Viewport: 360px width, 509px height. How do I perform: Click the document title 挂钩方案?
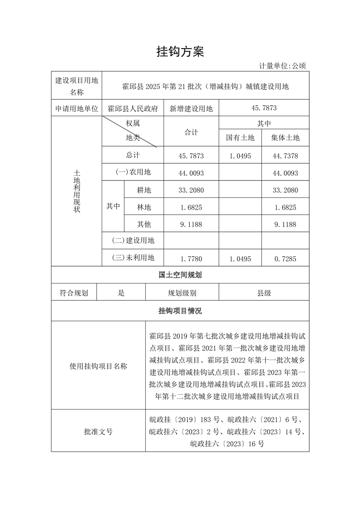click(x=180, y=52)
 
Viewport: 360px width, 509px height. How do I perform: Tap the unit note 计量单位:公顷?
click(x=282, y=66)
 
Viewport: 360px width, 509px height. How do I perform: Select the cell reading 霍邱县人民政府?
click(x=133, y=108)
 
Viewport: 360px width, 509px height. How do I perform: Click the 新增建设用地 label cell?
click(x=191, y=108)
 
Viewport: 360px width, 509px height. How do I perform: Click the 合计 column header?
click(x=191, y=132)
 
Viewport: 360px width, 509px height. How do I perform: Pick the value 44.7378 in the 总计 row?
click(x=285, y=156)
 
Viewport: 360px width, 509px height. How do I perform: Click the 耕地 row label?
click(x=144, y=191)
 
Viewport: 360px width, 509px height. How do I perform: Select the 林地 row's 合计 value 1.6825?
click(x=191, y=207)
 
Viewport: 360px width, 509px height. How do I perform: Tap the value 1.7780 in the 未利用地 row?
click(x=191, y=259)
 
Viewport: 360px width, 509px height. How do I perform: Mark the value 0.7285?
click(x=285, y=259)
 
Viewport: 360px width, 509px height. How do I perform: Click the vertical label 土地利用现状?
click(x=77, y=191)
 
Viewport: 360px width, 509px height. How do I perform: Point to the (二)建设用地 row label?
click(x=133, y=240)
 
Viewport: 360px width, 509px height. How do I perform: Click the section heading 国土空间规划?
click(x=180, y=275)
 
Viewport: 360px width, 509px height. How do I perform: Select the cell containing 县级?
click(x=264, y=293)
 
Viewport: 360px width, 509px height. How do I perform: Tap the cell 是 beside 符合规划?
click(x=121, y=293)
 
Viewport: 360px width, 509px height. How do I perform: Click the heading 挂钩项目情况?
click(x=180, y=311)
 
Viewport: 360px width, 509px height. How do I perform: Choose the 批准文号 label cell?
click(x=98, y=431)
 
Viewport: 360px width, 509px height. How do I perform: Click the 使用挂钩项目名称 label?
click(x=98, y=366)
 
